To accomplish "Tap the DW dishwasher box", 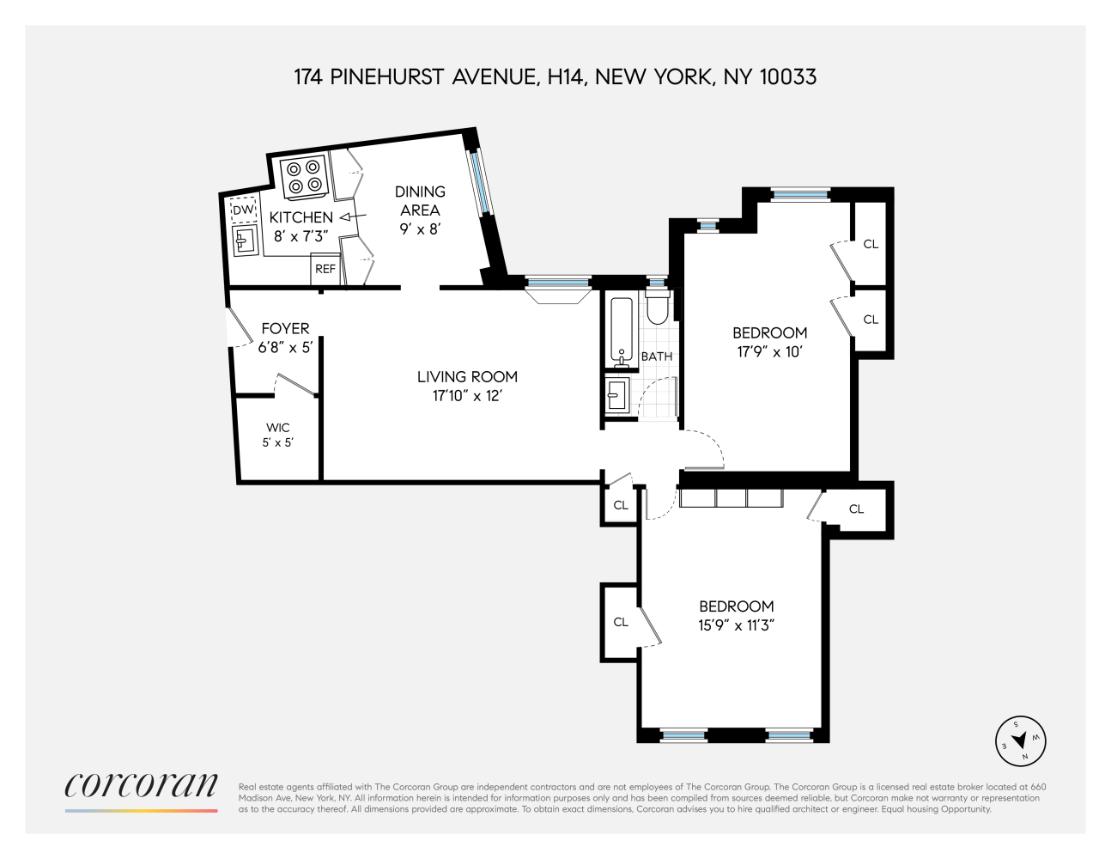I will point(243,210).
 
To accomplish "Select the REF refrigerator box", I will point(325,269).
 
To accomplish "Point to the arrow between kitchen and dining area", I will point(353,217).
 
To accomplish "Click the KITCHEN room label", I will point(301,218).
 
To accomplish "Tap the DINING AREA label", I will point(420,200).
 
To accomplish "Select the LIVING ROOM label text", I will point(467,376).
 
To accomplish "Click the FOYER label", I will point(285,328).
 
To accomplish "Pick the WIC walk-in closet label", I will point(277,427).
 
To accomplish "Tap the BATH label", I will point(657,356).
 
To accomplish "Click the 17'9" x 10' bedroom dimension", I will point(769,351).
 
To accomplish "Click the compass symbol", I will point(1020,740).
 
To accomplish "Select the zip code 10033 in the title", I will point(786,77).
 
